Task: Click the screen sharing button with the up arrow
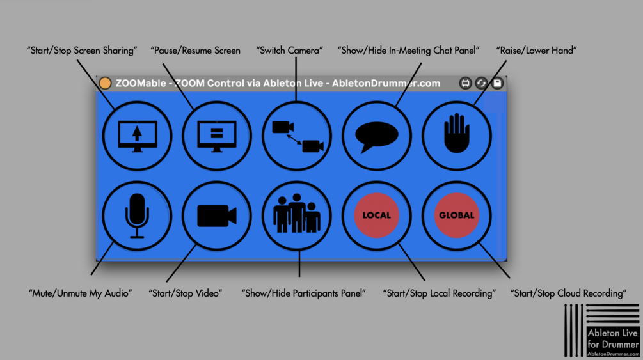coord(137,136)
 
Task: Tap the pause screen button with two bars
coord(217,136)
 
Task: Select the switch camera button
coord(297,136)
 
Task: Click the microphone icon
coord(137,215)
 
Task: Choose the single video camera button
coord(217,215)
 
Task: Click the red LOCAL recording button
coord(377,215)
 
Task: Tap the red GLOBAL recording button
coord(457,215)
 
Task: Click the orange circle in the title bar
coord(105,83)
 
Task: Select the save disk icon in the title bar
coord(497,83)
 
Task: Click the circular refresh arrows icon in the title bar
coord(481,83)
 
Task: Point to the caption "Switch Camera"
coord(290,51)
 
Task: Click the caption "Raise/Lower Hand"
coord(536,51)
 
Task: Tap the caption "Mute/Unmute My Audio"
coord(80,293)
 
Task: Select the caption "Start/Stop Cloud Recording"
coord(568,293)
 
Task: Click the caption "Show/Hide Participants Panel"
coord(303,293)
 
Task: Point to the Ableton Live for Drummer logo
coord(602,331)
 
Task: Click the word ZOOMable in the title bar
coord(140,83)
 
